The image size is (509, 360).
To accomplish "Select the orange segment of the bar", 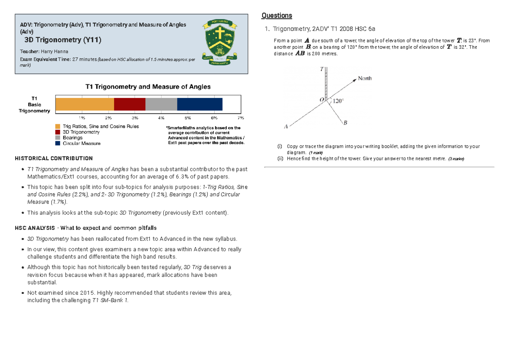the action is click(x=85, y=104).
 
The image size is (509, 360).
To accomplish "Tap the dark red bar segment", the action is click(x=130, y=104).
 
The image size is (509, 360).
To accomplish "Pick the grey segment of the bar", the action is click(x=161, y=104).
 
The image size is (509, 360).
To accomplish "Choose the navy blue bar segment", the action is click(x=199, y=104).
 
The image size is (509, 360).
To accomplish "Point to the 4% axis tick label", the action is click(x=161, y=117).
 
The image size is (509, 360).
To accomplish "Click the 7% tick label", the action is click(x=241, y=117).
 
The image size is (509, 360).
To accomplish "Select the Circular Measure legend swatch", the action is click(x=58, y=144).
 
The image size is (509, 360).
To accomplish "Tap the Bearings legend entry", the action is click(x=73, y=138).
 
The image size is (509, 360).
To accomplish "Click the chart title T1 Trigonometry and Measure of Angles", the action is click(x=148, y=87).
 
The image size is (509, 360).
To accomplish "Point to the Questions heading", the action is click(x=277, y=16).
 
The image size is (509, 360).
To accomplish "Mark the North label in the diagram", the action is click(x=365, y=78).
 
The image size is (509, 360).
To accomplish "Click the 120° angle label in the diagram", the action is click(x=338, y=101).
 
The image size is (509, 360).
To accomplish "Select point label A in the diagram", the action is click(x=286, y=126).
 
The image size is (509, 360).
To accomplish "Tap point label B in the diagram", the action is click(x=345, y=123).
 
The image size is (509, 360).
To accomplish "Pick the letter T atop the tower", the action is click(x=322, y=69).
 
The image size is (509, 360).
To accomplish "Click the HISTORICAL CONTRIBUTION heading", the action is click(x=54, y=159).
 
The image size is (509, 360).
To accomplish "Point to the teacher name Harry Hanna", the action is click(x=53, y=51).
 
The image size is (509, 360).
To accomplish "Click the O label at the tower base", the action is click(x=322, y=100).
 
